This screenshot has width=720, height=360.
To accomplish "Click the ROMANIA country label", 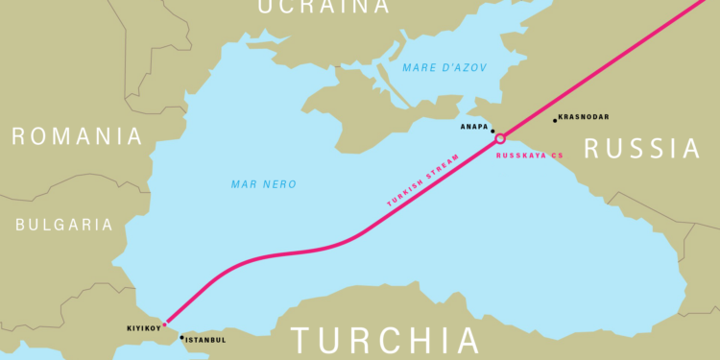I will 77,136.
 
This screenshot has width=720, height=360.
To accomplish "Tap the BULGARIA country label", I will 63,225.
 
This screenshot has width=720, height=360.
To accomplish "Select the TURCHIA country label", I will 385,341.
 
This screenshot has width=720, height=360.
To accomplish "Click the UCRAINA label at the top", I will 311,7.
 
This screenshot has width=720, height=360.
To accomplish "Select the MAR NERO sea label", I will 264,183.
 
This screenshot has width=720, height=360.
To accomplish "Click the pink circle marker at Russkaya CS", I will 500,139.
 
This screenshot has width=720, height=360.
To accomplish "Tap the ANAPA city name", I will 473,125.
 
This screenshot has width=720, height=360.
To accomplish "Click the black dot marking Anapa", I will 492,131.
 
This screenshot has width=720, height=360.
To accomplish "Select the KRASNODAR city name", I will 585,117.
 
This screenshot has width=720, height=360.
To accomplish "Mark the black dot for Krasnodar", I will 555,120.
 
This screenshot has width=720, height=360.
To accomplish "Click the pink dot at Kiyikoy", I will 164,324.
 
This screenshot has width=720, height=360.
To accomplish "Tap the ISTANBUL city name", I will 206,340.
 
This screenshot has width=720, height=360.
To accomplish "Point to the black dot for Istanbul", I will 181,337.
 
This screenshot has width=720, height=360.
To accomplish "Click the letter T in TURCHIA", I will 301,341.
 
